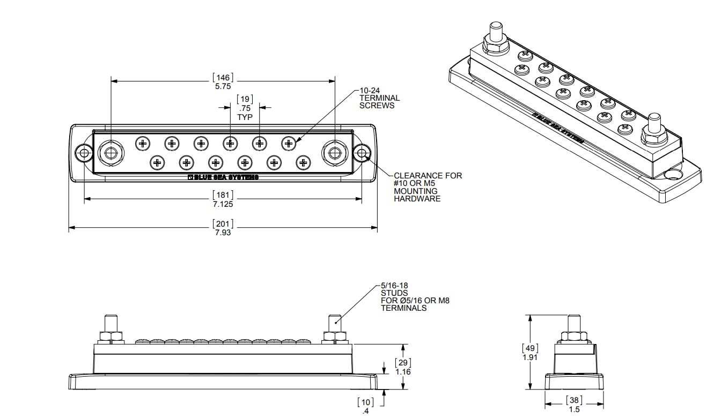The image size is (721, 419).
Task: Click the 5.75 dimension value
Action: pyautogui.click(x=223, y=85)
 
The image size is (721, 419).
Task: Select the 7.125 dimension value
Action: pyautogui.click(x=223, y=204)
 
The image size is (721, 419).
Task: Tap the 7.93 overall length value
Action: pyautogui.click(x=223, y=233)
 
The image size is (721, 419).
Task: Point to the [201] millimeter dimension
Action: pyautogui.click(x=223, y=223)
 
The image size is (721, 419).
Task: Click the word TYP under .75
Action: pyautogui.click(x=245, y=117)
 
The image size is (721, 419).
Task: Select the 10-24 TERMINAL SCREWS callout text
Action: pyautogui.click(x=379, y=98)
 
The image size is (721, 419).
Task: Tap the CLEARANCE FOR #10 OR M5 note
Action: pyautogui.click(x=427, y=187)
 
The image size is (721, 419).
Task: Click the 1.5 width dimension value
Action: pyautogui.click(x=574, y=409)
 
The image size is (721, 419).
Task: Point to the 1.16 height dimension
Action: pyautogui.click(x=403, y=371)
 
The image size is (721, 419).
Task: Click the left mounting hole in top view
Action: pyautogui.click(x=83, y=154)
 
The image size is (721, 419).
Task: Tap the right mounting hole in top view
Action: pyautogui.click(x=362, y=154)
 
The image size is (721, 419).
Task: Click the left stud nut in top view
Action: pyautogui.click(x=111, y=154)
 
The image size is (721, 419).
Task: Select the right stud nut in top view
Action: pyautogui.click(x=335, y=154)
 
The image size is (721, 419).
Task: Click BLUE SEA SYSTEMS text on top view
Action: pyautogui.click(x=223, y=177)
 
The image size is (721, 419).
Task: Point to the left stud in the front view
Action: pyautogui.click(x=111, y=324)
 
